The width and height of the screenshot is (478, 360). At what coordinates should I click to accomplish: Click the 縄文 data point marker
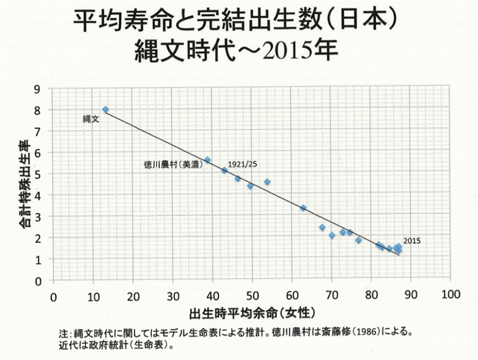tap(105, 109)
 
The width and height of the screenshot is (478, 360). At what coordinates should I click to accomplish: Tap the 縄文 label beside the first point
tap(90, 120)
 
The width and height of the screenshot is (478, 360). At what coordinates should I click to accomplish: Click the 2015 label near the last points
tap(412, 240)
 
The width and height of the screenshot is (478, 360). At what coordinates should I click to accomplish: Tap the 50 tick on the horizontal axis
tap(252, 295)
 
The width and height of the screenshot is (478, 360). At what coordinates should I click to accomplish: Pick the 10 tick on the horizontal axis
tap(93, 295)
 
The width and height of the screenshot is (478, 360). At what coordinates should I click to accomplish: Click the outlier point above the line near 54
tap(267, 182)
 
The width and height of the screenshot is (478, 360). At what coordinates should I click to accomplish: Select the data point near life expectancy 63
tap(303, 208)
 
